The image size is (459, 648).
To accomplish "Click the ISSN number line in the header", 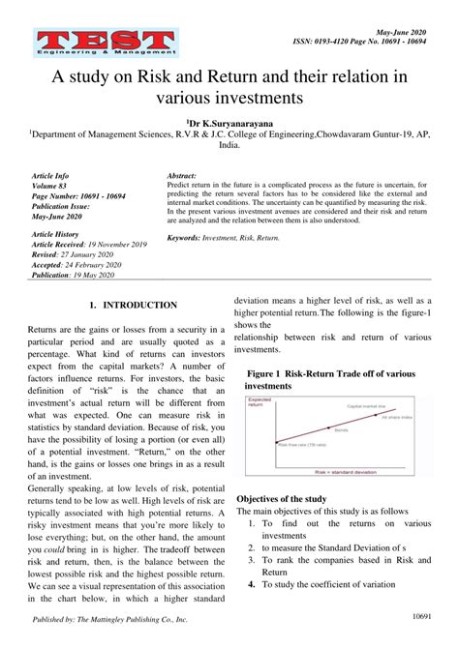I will point(373,42).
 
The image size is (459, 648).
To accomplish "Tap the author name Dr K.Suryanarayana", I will point(229,123).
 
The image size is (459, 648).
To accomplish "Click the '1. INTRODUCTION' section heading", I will point(132,305).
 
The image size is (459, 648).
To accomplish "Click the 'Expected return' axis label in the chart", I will point(259,401).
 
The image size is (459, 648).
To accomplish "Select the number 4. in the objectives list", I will point(251,584).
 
